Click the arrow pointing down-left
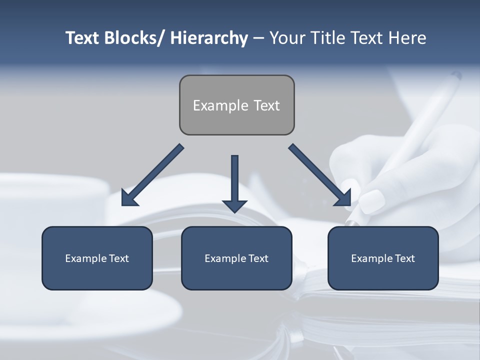coord(151,175)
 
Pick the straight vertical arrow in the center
coord(234,180)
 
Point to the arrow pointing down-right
coord(320,175)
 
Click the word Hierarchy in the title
coord(209,38)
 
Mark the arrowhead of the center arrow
coord(234,205)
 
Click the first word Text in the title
coord(83,38)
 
